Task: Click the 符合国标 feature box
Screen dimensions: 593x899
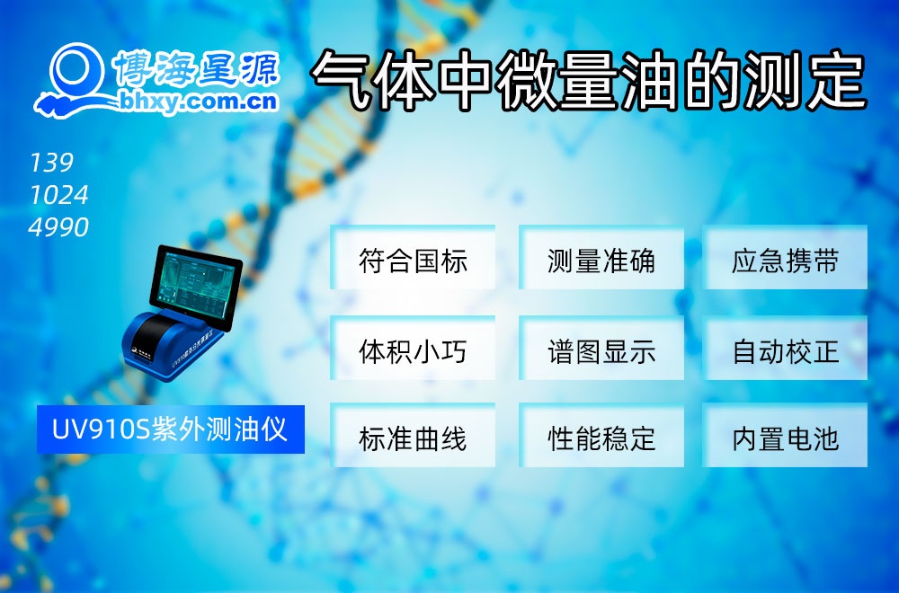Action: [x=413, y=261]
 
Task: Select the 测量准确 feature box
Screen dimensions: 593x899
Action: [x=601, y=261]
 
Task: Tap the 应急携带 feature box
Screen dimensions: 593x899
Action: [x=785, y=261]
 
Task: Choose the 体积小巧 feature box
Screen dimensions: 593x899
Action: [x=413, y=350]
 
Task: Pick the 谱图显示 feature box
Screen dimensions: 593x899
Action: [x=601, y=350]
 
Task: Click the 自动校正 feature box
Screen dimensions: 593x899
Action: [x=785, y=350]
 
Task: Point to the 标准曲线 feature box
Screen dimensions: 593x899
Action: [x=413, y=438]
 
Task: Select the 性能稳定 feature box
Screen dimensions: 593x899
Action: [x=601, y=438]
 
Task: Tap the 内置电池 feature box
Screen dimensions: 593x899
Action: [x=785, y=438]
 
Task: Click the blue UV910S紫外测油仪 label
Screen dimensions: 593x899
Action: [x=170, y=429]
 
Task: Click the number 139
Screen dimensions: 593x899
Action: [x=51, y=163]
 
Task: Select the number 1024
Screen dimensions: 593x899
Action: [x=58, y=195]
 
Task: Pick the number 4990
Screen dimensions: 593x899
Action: [x=58, y=227]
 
